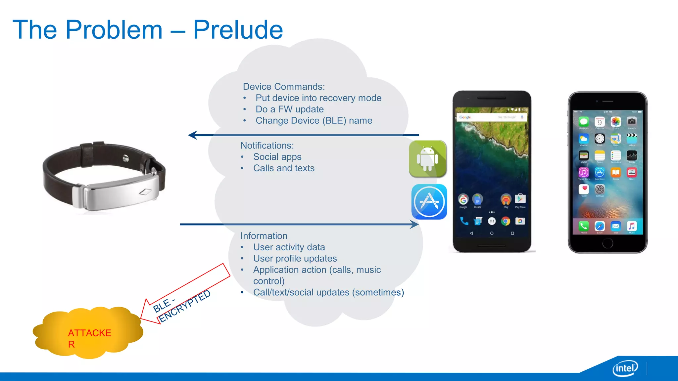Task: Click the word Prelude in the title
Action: coord(238,30)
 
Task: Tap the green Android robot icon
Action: coord(428,159)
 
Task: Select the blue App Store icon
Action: coord(429,202)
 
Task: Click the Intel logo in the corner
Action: coord(625,368)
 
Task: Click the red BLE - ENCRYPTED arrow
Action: coord(185,294)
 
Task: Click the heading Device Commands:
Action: coord(284,87)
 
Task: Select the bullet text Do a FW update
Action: coord(289,109)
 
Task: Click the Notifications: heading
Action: coord(267,146)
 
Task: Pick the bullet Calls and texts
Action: coord(284,168)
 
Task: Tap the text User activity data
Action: coord(289,247)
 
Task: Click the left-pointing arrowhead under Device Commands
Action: coord(193,135)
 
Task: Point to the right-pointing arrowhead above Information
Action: coord(414,225)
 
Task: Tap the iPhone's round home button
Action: coord(607,243)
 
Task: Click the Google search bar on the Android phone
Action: coord(491,117)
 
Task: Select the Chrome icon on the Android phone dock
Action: coord(506,221)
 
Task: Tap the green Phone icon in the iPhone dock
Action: coord(583,226)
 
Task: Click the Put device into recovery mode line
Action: coord(318,98)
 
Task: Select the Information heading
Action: coord(264,236)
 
